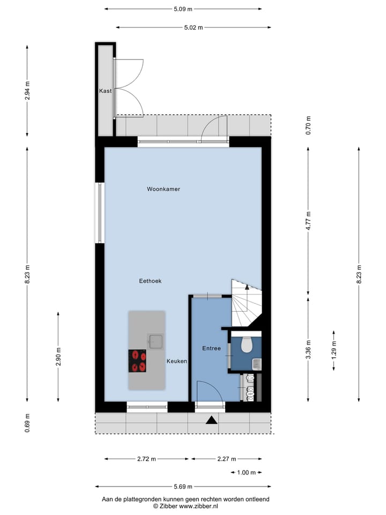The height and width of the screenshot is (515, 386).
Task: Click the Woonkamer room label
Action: click(x=164, y=189)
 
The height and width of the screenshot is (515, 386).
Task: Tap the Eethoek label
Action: click(x=150, y=281)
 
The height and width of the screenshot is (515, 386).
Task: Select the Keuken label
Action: click(x=176, y=362)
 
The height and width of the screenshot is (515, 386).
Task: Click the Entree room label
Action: click(x=211, y=349)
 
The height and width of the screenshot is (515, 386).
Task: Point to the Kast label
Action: click(x=105, y=91)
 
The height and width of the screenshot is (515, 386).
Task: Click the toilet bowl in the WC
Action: click(x=247, y=344)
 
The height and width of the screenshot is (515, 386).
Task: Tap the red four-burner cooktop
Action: click(x=137, y=360)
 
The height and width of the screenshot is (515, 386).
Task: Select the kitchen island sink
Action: click(x=156, y=341)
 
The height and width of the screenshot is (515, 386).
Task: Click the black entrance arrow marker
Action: click(x=212, y=421)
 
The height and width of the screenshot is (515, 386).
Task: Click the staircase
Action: click(x=247, y=303)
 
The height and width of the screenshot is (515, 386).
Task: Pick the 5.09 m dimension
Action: click(x=183, y=9)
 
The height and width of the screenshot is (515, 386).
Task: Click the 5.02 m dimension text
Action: click(x=193, y=27)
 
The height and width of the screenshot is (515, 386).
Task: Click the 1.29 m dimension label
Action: click(x=333, y=350)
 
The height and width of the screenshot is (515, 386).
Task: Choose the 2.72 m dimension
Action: click(x=146, y=459)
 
